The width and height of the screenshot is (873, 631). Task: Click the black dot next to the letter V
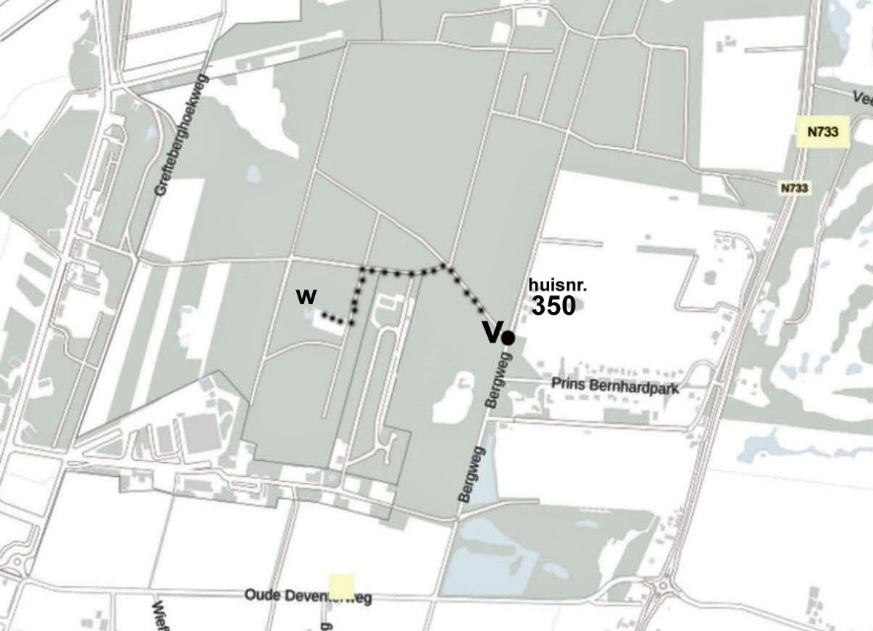[508, 338]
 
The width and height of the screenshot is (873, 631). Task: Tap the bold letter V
[492, 333]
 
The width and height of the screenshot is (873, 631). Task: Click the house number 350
[553, 306]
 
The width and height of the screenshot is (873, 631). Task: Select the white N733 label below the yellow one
[794, 188]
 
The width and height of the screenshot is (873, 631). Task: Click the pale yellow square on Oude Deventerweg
[342, 587]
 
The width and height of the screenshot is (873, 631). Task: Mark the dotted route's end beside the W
[324, 316]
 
